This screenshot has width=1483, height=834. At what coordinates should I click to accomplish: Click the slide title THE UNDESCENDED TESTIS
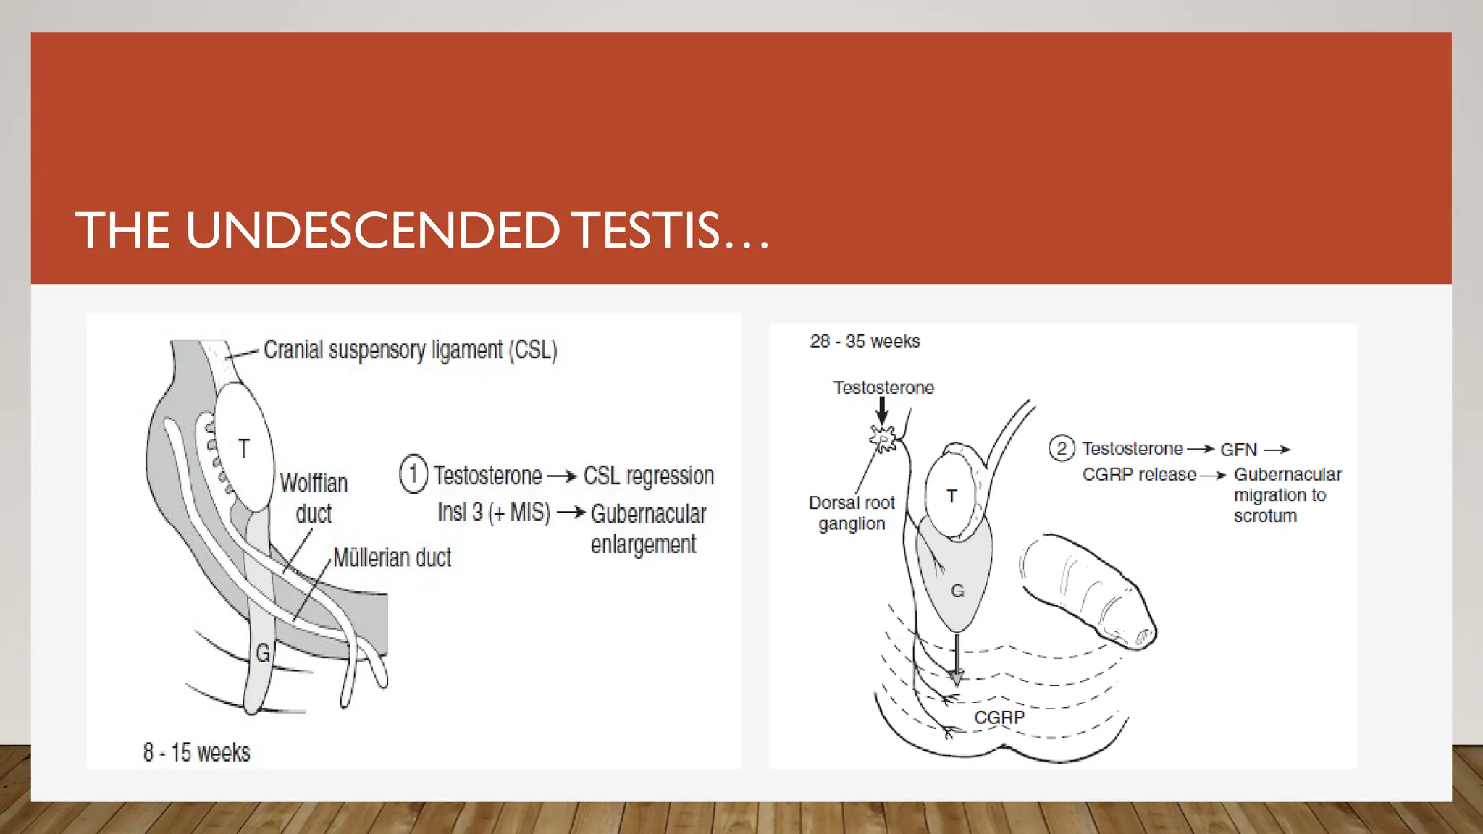pyautogui.click(x=421, y=230)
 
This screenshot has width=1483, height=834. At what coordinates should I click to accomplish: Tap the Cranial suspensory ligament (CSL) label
pyautogui.click(x=410, y=350)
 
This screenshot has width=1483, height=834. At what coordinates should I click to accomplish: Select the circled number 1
pyautogui.click(x=413, y=475)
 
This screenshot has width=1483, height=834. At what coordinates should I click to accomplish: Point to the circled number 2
pyautogui.click(x=1061, y=449)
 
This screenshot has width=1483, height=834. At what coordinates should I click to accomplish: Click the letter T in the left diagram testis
pyautogui.click(x=244, y=449)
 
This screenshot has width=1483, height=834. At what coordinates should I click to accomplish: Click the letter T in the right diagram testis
pyautogui.click(x=951, y=497)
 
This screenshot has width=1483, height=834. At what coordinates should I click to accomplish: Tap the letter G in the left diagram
pyautogui.click(x=263, y=654)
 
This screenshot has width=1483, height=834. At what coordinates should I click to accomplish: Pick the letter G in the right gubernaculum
pyautogui.click(x=957, y=591)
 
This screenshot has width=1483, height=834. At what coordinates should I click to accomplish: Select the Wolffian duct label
pyautogui.click(x=314, y=498)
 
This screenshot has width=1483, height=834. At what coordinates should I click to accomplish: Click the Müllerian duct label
pyautogui.click(x=392, y=557)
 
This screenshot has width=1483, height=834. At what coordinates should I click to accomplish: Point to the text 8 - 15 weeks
pyautogui.click(x=196, y=753)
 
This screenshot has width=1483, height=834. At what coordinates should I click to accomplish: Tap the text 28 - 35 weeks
pyautogui.click(x=865, y=341)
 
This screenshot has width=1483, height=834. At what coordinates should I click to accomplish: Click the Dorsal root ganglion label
pyautogui.click(x=852, y=513)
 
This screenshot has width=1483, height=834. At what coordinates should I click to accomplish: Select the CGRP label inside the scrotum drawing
pyautogui.click(x=999, y=717)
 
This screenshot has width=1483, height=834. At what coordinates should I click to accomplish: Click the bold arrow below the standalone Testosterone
pyautogui.click(x=882, y=410)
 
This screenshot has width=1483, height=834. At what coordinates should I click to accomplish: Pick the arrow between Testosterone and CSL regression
pyautogui.click(x=562, y=476)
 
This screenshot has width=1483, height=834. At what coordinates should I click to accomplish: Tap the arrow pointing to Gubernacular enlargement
pyautogui.click(x=571, y=513)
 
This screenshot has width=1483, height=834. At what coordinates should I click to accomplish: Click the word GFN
pyautogui.click(x=1238, y=450)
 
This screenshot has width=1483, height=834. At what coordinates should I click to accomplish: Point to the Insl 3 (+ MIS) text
pyautogui.click(x=494, y=513)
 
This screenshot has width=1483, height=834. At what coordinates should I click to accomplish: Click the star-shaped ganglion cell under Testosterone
pyautogui.click(x=883, y=437)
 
